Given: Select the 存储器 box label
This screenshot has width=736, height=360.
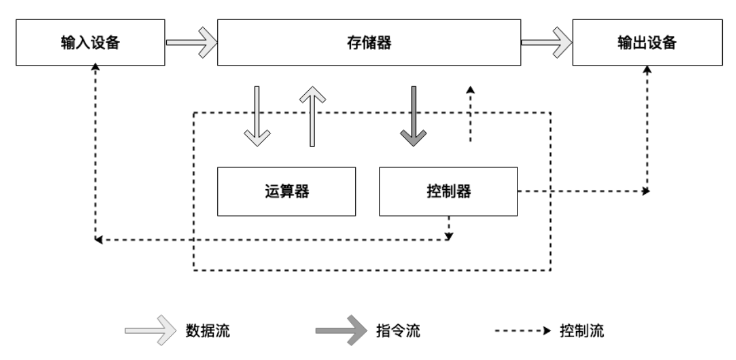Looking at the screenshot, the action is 369,43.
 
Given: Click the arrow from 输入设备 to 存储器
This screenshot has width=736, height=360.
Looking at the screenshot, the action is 191,43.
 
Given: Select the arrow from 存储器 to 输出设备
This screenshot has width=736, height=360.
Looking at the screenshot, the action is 546,43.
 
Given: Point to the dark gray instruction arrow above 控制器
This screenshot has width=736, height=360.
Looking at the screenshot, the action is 413,116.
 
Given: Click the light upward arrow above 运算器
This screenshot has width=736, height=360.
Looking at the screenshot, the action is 312,116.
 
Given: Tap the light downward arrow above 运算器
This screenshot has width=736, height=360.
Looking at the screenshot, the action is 257,116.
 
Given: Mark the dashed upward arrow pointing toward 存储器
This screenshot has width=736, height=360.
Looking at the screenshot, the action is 470,114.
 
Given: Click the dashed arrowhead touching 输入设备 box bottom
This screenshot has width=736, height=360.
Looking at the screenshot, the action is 95,67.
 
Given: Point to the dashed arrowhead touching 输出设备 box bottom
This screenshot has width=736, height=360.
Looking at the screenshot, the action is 647,70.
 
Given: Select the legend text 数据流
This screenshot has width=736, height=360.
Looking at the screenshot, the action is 208,331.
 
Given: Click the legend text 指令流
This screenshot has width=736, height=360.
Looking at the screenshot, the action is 398,331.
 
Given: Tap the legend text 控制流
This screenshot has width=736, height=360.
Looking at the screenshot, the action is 582,331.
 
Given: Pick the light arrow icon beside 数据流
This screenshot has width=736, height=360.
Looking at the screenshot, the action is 151,331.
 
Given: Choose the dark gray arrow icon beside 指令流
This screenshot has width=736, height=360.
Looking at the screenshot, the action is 341,331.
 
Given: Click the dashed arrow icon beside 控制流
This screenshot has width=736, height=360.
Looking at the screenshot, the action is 523,331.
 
